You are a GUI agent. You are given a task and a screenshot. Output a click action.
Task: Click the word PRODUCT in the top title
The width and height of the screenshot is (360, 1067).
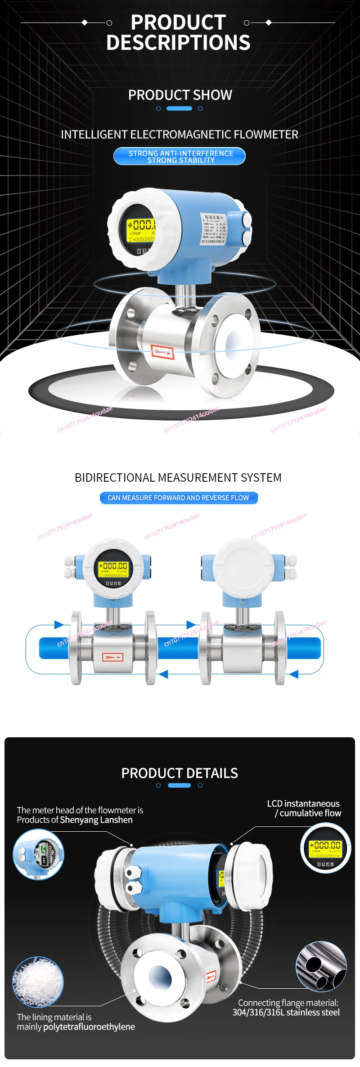[x=178, y=22]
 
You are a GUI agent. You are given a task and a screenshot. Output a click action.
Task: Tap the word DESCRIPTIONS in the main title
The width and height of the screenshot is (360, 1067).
[x=178, y=43]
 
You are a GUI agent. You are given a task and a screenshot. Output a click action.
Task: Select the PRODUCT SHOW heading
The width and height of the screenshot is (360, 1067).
[x=180, y=95]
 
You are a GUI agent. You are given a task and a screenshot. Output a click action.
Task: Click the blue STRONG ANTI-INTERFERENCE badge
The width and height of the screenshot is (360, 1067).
[x=180, y=157]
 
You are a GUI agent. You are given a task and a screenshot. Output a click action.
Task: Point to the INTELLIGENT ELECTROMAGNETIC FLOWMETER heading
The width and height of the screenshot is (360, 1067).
[x=180, y=134]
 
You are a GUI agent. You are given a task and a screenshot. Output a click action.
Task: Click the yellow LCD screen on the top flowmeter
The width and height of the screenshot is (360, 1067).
[x=141, y=231]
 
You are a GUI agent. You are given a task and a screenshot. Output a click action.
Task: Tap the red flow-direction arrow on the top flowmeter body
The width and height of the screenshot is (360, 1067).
[x=162, y=352]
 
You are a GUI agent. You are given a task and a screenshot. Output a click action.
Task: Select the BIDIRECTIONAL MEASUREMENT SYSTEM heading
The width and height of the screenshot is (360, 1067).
[x=178, y=478]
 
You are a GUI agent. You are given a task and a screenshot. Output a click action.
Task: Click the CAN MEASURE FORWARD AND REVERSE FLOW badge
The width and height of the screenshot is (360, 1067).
[x=179, y=498]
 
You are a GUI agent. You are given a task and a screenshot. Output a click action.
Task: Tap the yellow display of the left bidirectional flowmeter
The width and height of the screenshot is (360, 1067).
[x=113, y=569]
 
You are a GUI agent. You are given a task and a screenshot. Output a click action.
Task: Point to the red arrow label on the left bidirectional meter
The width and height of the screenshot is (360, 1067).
[x=112, y=657]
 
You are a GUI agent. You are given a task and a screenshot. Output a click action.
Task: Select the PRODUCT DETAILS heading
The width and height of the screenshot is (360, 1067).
[x=180, y=773]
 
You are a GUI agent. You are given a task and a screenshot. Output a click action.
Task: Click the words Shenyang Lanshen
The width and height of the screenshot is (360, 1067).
[x=96, y=820]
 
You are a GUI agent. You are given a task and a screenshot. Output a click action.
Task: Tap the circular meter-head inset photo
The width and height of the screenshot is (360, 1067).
[x=39, y=854]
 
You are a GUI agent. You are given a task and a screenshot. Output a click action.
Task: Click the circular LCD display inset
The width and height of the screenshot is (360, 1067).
[x=326, y=848]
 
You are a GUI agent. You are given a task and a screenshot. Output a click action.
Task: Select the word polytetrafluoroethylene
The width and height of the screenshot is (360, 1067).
[x=89, y=1027]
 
